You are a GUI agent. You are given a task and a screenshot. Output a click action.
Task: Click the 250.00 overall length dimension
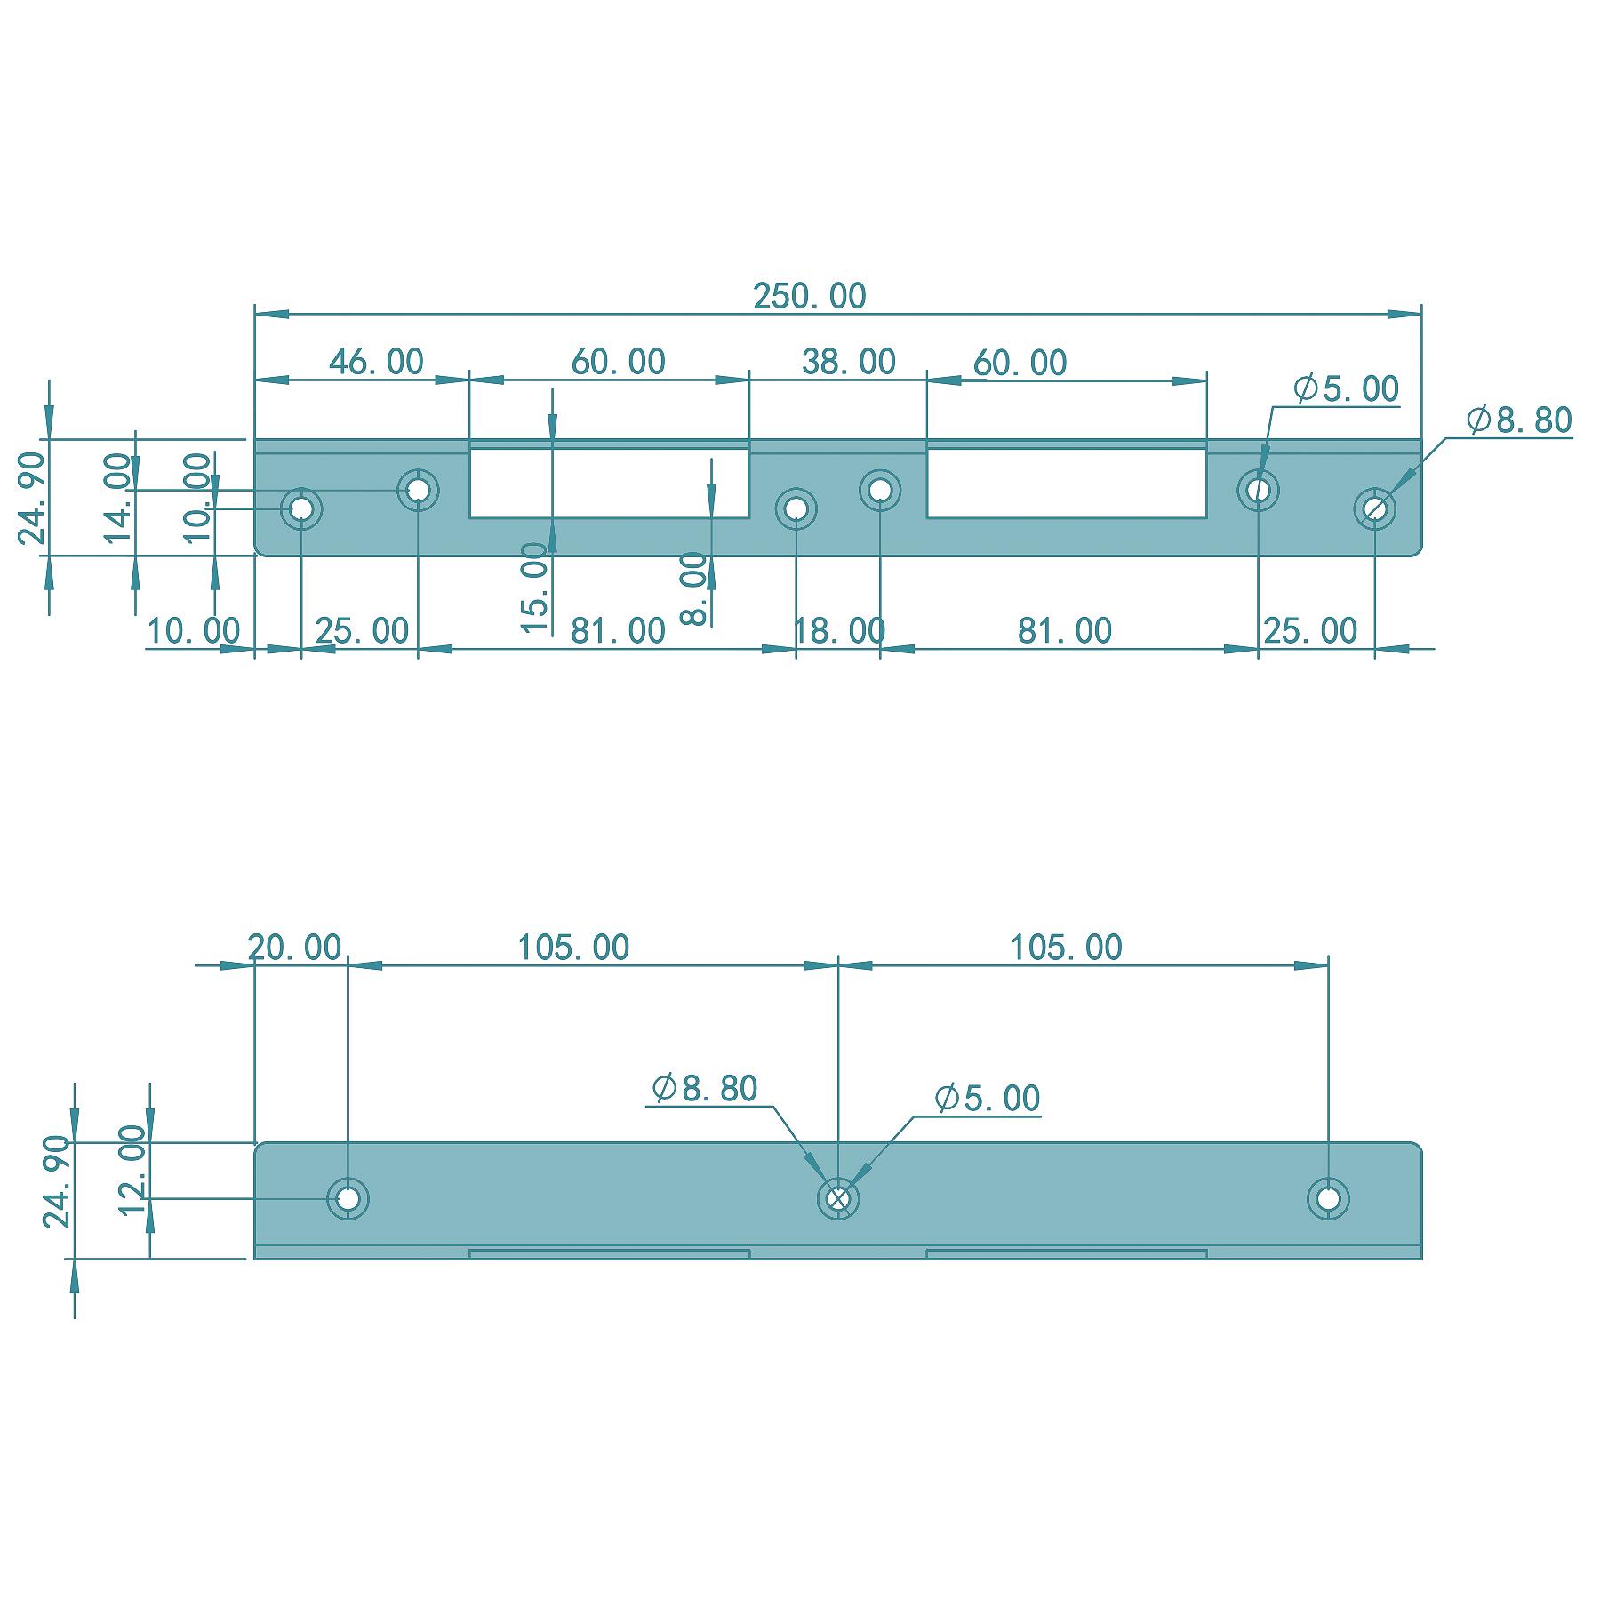tap(809, 296)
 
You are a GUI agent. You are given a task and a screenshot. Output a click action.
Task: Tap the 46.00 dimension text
tap(376, 362)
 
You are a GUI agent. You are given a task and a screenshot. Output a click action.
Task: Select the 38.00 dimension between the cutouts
tap(848, 362)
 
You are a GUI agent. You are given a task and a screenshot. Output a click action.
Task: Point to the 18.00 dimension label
tap(839, 631)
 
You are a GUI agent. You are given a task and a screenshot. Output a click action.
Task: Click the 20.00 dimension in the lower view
tap(294, 948)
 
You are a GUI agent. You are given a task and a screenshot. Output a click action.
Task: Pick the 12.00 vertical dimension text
tap(132, 1168)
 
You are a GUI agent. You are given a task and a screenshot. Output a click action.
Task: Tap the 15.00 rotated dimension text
tap(534, 588)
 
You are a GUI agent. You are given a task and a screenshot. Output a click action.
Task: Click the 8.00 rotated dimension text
tap(694, 588)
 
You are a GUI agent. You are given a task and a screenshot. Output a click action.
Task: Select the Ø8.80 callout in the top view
tap(1519, 420)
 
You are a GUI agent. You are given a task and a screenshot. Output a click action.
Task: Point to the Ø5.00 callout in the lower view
tap(987, 1099)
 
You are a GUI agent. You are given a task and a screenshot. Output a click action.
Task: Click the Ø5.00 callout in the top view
tap(1346, 389)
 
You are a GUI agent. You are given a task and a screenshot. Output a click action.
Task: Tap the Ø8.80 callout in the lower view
tap(704, 1088)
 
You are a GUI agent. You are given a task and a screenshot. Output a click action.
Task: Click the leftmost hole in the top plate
tap(301, 509)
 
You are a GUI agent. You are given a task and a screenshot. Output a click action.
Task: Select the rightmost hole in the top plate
tap(1375, 509)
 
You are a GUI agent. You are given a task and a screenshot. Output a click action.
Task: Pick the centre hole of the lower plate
tap(837, 1199)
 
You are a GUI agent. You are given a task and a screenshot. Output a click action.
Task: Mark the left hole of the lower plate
tap(348, 1199)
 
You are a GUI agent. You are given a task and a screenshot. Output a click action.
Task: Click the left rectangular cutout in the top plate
tap(609, 483)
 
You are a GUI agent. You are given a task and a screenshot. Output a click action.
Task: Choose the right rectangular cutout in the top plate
tap(1067, 483)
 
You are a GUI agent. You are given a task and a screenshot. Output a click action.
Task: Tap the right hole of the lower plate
tap(1328, 1199)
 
